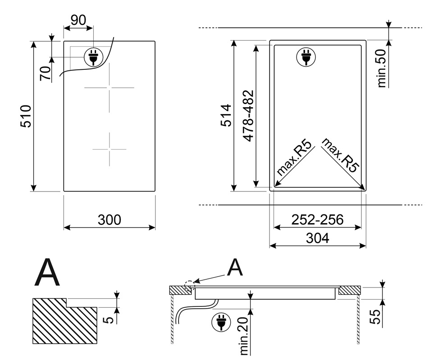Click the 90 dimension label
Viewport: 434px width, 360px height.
click(78, 20)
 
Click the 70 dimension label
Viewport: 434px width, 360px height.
click(46, 73)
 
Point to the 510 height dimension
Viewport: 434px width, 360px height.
click(26, 116)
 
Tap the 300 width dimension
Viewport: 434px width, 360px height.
click(110, 220)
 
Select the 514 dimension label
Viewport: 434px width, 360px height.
click(226, 115)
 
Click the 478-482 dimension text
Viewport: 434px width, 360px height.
click(248, 116)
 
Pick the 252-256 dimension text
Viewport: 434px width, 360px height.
click(317, 220)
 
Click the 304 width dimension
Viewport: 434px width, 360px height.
click(317, 238)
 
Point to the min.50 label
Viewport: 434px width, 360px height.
click(382, 68)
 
